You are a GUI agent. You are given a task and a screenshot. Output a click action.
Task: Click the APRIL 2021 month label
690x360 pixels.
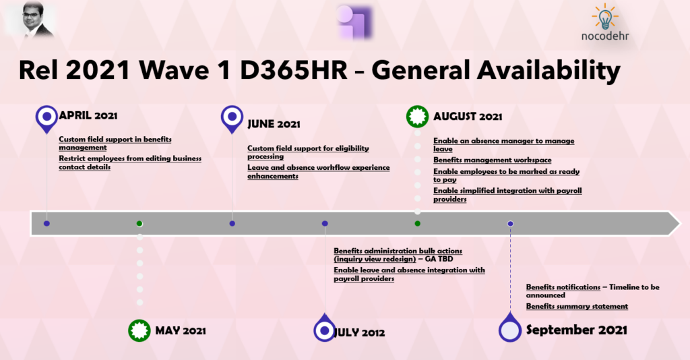pos(88,116)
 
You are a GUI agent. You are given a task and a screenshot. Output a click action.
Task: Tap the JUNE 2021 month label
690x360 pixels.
pos(274,124)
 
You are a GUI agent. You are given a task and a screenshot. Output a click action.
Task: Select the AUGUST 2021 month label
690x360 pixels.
pos(468,117)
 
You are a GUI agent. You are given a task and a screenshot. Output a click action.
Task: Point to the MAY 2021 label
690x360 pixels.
pos(181,330)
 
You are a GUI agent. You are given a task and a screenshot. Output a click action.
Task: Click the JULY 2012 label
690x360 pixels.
pos(359,332)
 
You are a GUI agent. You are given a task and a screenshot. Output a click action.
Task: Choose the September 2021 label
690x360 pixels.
pos(577,330)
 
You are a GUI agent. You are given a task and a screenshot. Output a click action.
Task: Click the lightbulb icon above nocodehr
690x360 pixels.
pos(605,16)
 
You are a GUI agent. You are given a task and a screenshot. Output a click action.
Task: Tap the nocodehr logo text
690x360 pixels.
pos(605,36)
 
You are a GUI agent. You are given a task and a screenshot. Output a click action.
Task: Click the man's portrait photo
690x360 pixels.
pos(37,20)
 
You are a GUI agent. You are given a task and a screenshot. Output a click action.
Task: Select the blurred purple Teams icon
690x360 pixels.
pos(354,22)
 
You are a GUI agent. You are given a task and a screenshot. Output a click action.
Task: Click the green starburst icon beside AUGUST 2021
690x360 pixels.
pos(417,117)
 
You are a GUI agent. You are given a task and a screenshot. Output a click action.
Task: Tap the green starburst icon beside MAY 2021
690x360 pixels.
pos(139,330)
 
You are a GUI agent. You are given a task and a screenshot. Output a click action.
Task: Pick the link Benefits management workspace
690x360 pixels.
pos(493,160)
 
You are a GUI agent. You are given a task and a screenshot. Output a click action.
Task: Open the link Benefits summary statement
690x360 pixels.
pos(577,306)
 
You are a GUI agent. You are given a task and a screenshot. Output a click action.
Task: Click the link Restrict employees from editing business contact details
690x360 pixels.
pos(130,162)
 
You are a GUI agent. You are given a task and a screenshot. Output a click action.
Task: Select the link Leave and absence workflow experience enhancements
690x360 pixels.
pos(318,172)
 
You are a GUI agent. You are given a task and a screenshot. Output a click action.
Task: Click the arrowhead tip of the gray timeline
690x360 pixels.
pos(680,224)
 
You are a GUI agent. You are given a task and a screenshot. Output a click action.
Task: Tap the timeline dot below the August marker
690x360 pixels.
pos(417,224)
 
